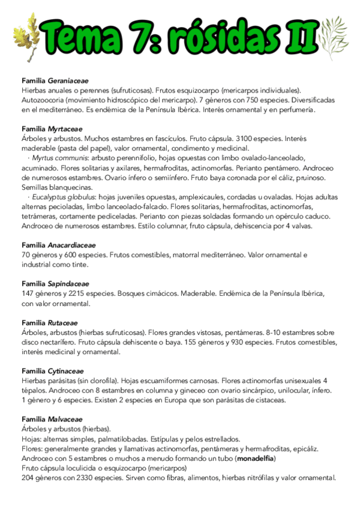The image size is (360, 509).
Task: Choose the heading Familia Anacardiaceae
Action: [x=58, y=245]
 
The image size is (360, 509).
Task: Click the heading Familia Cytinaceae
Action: [x=52, y=371]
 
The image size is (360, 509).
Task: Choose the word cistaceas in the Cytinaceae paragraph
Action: [x=267, y=400]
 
